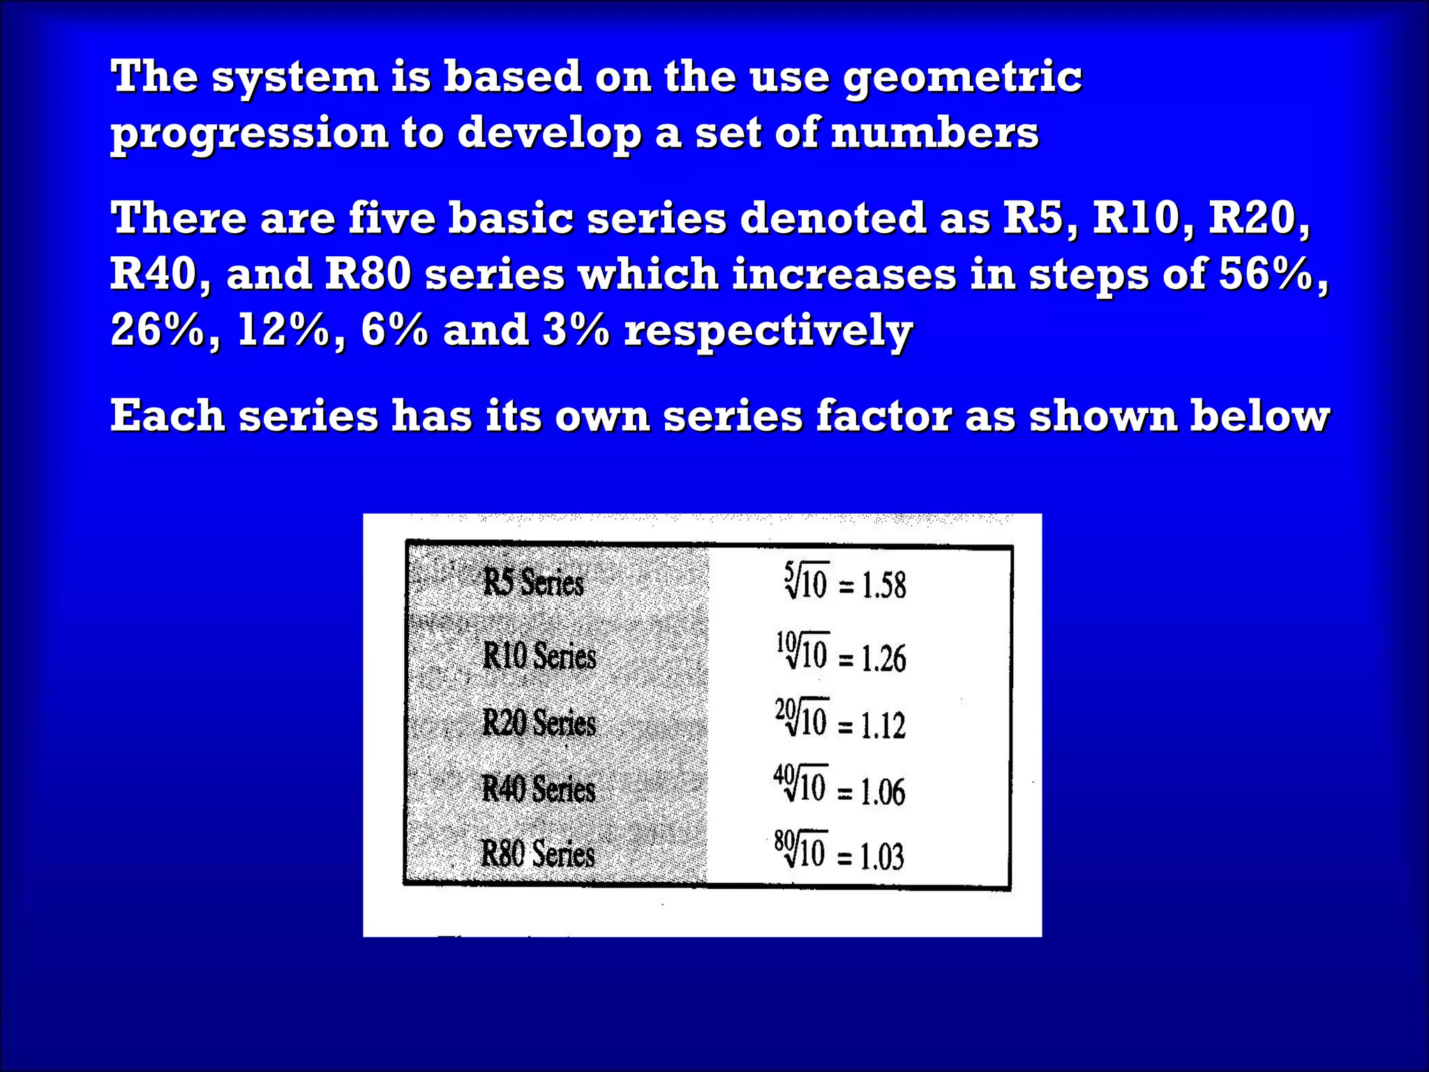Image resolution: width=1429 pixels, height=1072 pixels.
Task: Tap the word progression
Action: (249, 133)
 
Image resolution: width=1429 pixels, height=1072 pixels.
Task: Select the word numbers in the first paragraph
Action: (935, 133)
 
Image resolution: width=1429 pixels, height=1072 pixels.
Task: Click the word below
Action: (1259, 417)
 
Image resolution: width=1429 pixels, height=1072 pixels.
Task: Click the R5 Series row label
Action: (534, 583)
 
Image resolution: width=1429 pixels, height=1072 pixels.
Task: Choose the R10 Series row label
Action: (539, 656)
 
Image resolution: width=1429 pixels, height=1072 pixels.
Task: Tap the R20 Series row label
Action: (539, 723)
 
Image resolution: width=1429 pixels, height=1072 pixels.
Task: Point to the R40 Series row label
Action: (539, 789)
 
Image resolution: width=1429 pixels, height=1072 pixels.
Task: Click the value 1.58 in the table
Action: (884, 585)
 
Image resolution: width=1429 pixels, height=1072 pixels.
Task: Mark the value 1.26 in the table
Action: (884, 659)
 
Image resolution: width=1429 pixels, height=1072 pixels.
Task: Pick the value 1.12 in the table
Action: (883, 726)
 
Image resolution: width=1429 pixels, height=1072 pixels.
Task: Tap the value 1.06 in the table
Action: (883, 792)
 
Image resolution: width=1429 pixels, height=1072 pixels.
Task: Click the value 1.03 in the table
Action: (882, 857)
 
